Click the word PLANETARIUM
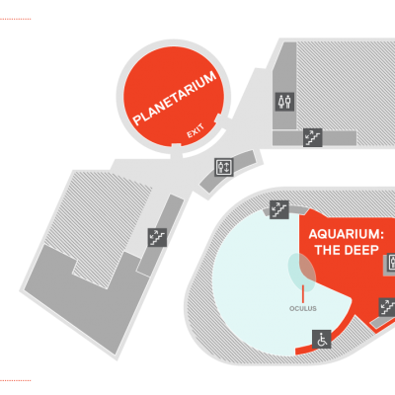pos(175,98)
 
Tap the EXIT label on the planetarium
pos(196,131)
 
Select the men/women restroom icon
pos(284,102)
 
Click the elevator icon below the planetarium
pos(224,167)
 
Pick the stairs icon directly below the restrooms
pos(312,137)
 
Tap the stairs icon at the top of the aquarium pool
pos(279,209)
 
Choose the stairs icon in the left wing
pos(157,237)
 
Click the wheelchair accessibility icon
pos(321,339)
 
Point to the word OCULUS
pos(303,309)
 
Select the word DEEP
pos(361,250)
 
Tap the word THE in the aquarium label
pos(327,250)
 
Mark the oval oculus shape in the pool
pos(302,273)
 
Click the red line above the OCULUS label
pos(303,293)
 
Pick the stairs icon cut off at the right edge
pos(387,307)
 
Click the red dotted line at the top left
pos(16,19)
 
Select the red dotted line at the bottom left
pos(16,380)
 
